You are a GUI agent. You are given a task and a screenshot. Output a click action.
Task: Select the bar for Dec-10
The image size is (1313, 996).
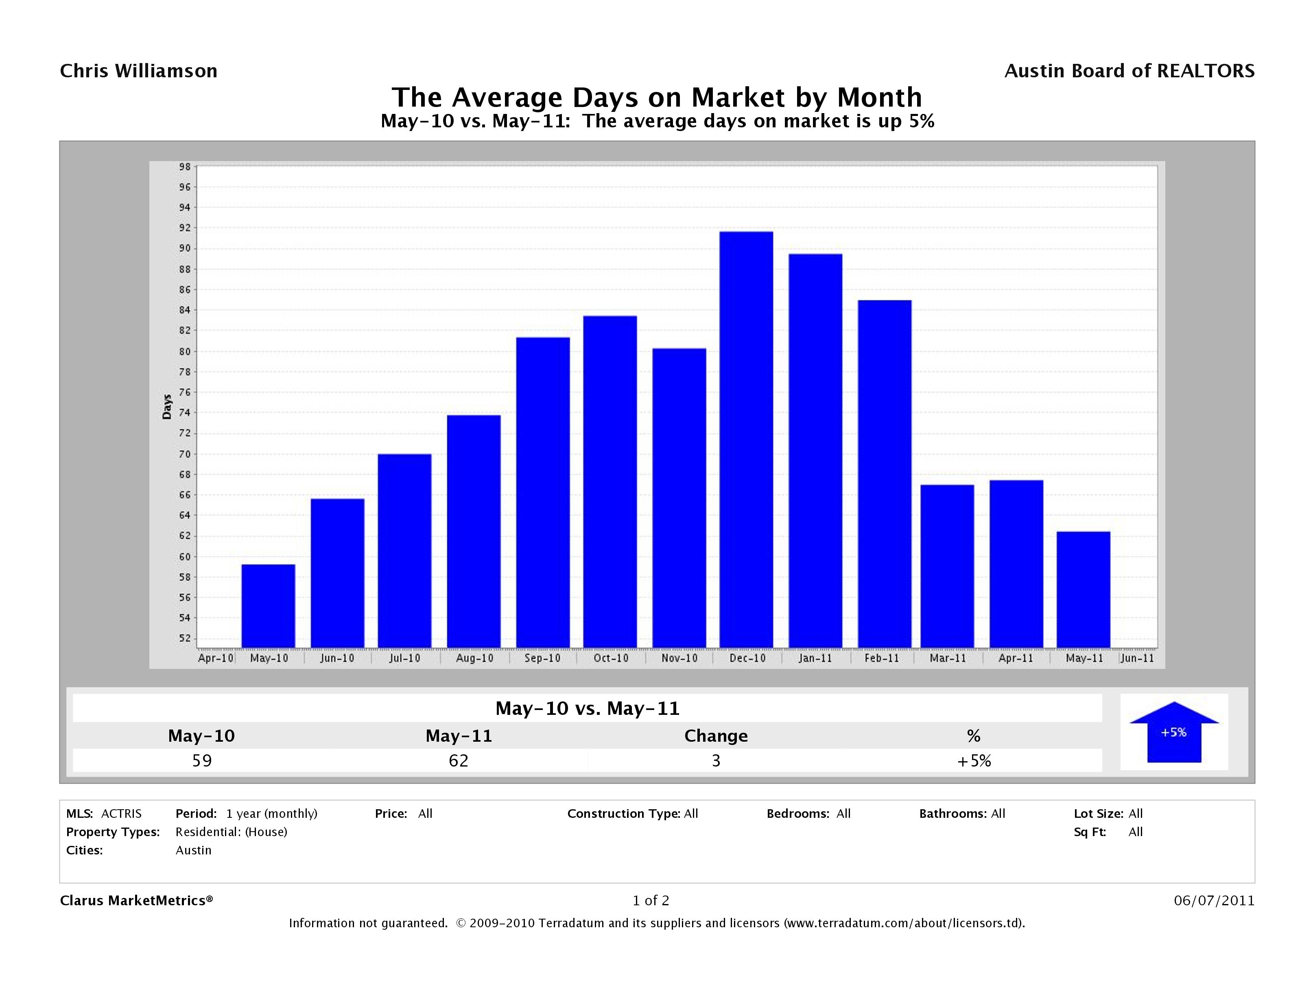(x=746, y=439)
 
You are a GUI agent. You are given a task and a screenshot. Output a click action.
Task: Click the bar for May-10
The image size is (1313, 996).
(x=268, y=605)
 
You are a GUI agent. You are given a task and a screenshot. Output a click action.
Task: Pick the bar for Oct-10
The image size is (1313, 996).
(x=610, y=481)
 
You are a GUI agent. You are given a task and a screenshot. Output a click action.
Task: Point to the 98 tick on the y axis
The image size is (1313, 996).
(x=185, y=167)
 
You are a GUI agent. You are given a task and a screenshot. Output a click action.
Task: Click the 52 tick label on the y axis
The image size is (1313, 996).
(x=185, y=638)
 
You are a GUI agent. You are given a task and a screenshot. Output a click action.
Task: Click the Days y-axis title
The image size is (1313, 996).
(x=167, y=406)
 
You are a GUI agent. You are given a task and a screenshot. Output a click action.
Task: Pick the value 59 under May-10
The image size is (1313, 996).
(x=202, y=760)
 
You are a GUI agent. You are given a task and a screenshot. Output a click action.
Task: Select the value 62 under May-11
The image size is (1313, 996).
(x=458, y=760)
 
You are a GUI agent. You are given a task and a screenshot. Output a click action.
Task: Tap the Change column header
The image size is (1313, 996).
(x=716, y=736)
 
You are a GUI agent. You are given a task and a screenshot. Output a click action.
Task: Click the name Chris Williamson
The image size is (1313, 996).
(x=139, y=71)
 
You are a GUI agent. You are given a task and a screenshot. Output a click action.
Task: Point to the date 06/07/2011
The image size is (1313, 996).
(x=1214, y=900)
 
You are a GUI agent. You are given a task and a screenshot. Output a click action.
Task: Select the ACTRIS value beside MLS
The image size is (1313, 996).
(x=121, y=813)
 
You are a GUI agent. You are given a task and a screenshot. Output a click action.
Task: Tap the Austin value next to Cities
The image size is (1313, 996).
(x=194, y=850)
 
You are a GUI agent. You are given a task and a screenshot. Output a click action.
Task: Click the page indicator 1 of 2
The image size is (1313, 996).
(x=651, y=900)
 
